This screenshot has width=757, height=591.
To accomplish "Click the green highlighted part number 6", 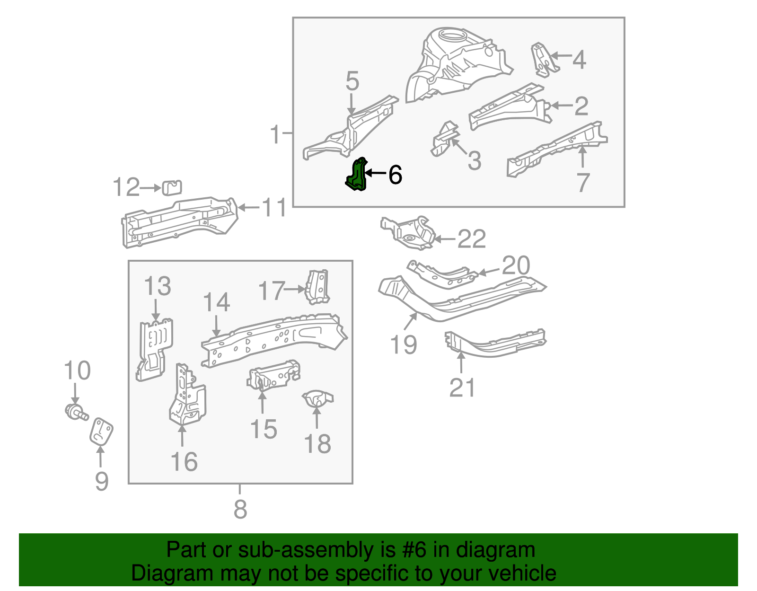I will pos(357,175).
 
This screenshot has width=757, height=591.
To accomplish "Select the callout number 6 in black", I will pos(395,175).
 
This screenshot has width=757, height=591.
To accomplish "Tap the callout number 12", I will pos(126,187).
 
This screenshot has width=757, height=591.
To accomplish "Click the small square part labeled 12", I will pos(172,187).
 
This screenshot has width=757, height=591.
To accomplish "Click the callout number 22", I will pos(472,239).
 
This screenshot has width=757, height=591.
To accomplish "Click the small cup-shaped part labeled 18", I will pos(317,399).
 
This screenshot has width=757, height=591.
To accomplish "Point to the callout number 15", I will pos(263,429).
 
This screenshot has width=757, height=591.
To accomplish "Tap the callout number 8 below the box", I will pos(240,509).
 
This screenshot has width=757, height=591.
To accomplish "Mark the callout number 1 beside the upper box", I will pos(275,134).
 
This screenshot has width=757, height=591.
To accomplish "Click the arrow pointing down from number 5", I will pos(351,103).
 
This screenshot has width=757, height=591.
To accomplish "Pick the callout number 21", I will pos(462,388).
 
